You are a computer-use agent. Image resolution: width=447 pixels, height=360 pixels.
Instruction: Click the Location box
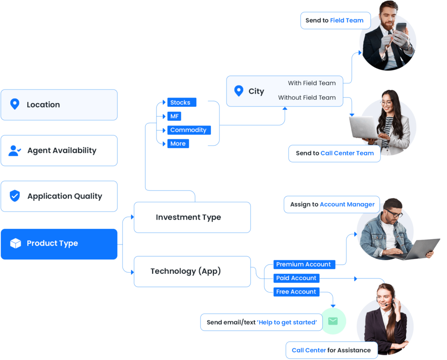[x=59, y=105]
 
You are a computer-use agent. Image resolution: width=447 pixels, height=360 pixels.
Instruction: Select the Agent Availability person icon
[x=15, y=151]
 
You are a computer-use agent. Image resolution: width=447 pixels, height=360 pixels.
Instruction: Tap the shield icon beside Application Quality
[x=15, y=196]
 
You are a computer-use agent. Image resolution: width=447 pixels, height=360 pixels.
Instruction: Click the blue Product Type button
[x=59, y=244]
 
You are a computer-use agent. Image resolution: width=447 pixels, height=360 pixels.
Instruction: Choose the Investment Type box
[x=192, y=217]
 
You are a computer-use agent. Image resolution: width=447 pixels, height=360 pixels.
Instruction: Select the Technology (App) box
[x=192, y=271]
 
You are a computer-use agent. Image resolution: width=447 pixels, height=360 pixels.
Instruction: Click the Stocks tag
[x=181, y=102]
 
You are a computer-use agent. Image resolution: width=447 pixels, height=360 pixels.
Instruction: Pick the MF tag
[x=174, y=116]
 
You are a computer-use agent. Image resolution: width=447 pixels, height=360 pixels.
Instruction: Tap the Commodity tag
[x=189, y=130]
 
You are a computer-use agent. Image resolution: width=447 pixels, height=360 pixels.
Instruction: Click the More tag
[x=178, y=144]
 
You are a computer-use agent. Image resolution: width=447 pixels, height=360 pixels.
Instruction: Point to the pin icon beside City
[x=239, y=91]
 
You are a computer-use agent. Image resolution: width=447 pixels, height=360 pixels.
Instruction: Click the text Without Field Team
[x=307, y=97]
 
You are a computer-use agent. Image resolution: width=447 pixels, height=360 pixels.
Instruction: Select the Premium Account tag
[x=304, y=264]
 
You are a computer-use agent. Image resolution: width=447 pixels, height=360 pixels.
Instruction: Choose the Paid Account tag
[x=296, y=278]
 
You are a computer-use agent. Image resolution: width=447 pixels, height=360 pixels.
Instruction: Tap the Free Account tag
[x=296, y=292]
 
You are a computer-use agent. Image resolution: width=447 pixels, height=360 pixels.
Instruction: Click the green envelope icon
[x=333, y=321]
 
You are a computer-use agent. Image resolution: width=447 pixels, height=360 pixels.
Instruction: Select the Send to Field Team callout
[x=335, y=21]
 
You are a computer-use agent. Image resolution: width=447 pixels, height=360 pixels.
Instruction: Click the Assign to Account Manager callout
[x=332, y=204]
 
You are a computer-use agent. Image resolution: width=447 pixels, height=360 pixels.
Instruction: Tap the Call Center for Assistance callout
[x=331, y=350]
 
